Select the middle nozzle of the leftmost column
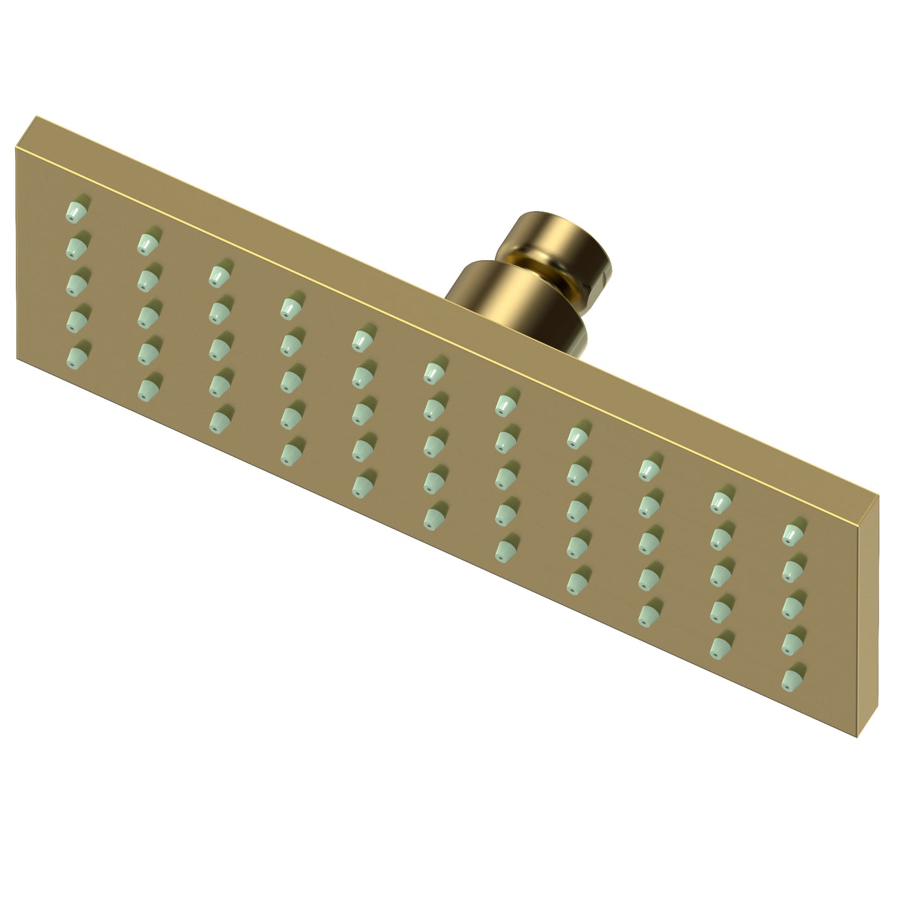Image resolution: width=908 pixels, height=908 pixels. (77, 281)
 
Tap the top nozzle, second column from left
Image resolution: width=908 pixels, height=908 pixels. (147, 242)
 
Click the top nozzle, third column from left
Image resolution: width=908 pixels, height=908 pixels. (218, 275)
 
